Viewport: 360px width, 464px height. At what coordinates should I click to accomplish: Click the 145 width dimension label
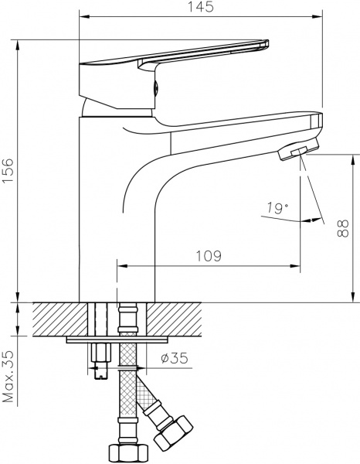[x=201, y=6]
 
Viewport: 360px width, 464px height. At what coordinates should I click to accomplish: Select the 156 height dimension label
[x=8, y=171]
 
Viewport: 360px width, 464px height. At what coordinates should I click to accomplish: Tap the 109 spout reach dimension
[x=209, y=256]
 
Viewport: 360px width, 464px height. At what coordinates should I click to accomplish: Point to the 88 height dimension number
[x=342, y=228]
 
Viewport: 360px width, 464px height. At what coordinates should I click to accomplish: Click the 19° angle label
[x=277, y=208]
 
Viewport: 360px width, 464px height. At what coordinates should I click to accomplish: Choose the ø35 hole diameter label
[x=175, y=358]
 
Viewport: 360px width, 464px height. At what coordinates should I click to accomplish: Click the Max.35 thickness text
[x=8, y=377]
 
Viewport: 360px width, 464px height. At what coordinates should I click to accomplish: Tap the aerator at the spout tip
[x=298, y=148]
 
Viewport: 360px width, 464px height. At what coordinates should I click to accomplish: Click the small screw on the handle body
[x=156, y=88]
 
